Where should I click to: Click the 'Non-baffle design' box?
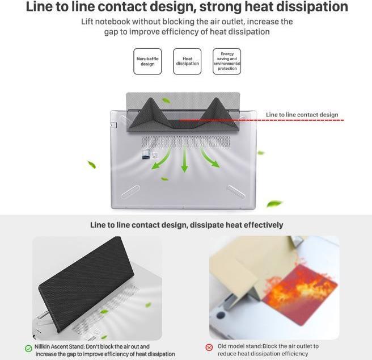[147, 61]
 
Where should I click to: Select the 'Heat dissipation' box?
[187, 61]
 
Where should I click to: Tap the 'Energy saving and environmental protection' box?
[227, 61]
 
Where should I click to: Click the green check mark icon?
[28, 348]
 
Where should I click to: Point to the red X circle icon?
[209, 348]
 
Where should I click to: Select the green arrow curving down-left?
[161, 158]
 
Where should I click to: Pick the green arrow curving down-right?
[209, 158]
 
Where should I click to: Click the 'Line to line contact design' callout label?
[302, 115]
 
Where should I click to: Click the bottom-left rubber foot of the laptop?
[130, 191]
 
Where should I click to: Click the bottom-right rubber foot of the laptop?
[236, 191]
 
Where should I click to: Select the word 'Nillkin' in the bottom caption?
[42, 346]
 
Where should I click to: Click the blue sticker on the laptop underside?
[146, 154]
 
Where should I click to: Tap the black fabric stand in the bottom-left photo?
[87, 284]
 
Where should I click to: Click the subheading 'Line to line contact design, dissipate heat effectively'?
[187, 225]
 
